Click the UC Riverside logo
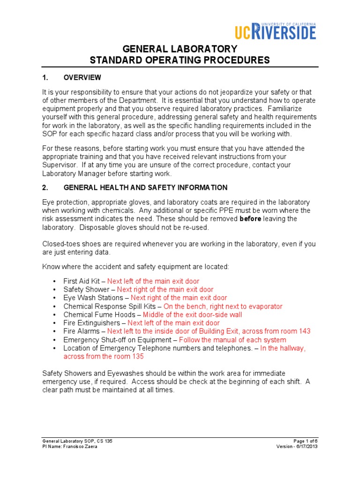click(x=275, y=31)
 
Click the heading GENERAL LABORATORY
click(x=180, y=49)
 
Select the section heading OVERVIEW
click(x=82, y=77)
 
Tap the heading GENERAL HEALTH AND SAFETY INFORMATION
click(x=145, y=187)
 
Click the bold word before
click(x=250, y=219)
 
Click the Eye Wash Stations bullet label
click(x=94, y=298)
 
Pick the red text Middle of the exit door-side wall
click(x=192, y=315)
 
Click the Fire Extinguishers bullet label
click(x=92, y=323)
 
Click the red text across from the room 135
click(x=104, y=356)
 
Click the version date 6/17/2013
click(x=307, y=446)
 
